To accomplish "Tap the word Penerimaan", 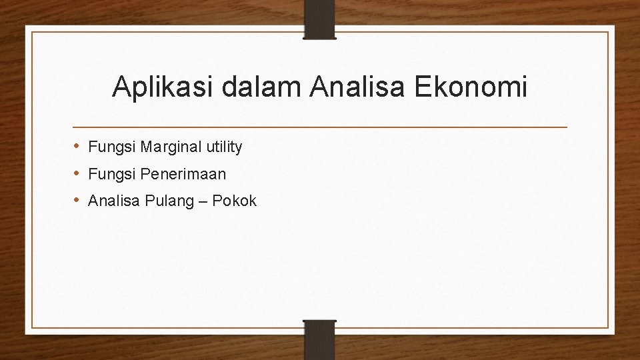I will (x=181, y=174).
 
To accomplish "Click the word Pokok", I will (x=234, y=201).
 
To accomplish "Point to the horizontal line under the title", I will (x=320, y=126).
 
